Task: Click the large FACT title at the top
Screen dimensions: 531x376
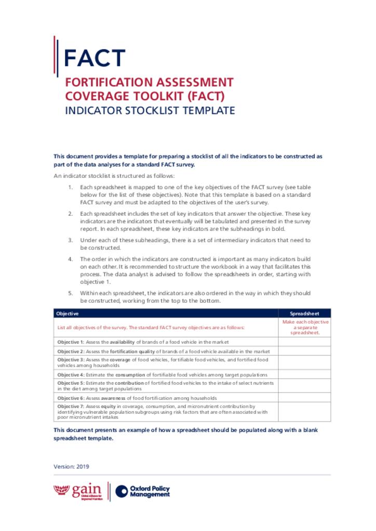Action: point(95,58)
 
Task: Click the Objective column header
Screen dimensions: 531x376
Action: point(68,314)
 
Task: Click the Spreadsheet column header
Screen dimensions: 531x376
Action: point(304,314)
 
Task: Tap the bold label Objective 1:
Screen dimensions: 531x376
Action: point(70,342)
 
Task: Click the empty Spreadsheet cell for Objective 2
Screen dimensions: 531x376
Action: point(304,351)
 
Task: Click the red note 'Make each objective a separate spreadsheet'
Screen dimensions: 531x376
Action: point(304,327)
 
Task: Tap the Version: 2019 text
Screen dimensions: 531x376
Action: point(72,466)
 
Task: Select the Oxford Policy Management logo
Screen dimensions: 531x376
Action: point(143,491)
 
